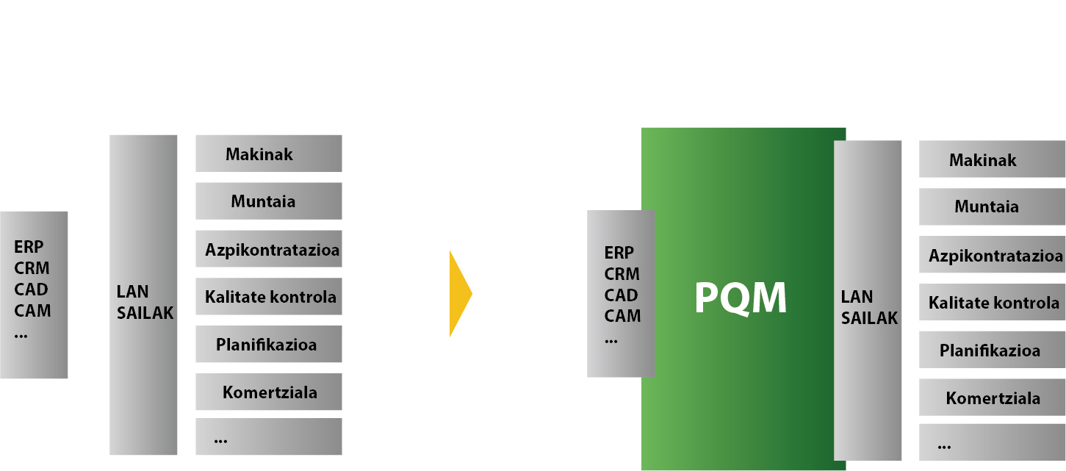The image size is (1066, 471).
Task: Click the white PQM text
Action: tap(741, 298)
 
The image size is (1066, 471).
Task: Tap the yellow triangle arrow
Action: tap(460, 293)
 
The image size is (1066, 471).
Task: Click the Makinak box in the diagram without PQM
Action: tap(268, 153)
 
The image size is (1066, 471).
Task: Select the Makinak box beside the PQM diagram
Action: tap(992, 159)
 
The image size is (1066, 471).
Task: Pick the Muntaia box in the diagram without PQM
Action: tap(268, 201)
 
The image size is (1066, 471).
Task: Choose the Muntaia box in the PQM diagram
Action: tap(992, 206)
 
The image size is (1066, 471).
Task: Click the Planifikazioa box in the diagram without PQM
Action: tap(268, 343)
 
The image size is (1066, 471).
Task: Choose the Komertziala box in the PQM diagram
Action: tap(992, 397)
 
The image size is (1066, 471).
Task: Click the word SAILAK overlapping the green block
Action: tap(869, 318)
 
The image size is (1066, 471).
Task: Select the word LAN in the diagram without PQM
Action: tap(132, 291)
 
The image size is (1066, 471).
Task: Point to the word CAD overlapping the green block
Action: tap(621, 295)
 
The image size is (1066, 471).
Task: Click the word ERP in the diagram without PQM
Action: tap(29, 246)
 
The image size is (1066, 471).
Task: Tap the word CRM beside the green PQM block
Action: tap(622, 273)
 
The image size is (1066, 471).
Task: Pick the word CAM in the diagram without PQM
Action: tap(32, 310)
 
